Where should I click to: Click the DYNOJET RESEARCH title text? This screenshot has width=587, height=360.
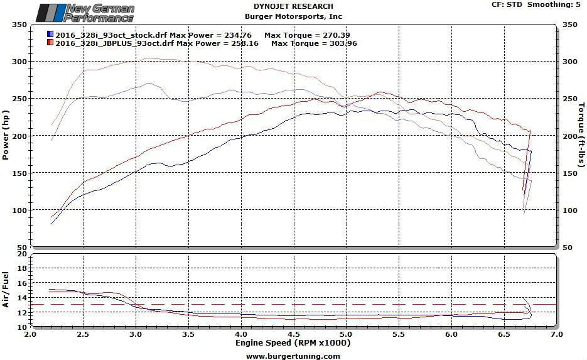293,7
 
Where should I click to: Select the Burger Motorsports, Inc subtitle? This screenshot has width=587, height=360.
293,17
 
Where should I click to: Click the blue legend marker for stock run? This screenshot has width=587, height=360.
50,34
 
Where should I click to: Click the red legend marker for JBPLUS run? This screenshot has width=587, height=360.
50,43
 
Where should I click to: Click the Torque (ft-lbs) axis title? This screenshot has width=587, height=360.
581,136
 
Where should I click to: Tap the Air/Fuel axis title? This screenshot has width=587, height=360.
6,290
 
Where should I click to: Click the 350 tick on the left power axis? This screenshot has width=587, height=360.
19,25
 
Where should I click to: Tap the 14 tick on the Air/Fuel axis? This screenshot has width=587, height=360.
23,283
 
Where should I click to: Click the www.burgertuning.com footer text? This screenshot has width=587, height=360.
293,356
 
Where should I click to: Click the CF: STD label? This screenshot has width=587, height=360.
507,5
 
